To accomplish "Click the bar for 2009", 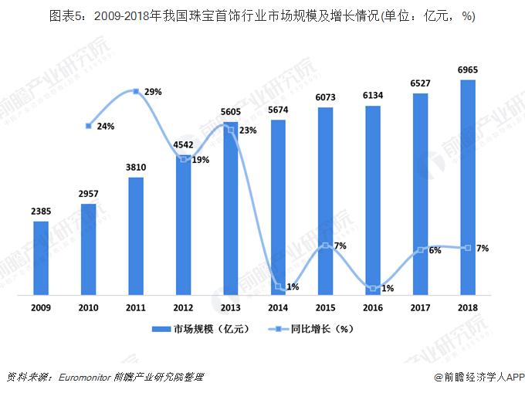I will click(41, 257).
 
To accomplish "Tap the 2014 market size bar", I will click(279, 207).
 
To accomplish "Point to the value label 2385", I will click(41, 211).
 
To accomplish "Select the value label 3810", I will click(136, 167).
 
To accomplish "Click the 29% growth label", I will click(153, 92).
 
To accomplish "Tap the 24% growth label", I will click(106, 126).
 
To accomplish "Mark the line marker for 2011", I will click(137, 92).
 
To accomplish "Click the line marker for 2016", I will click(373, 288).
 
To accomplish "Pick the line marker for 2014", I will click(279, 286).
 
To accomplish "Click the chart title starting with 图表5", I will click(262, 15).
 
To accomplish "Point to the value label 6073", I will click(326, 97).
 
